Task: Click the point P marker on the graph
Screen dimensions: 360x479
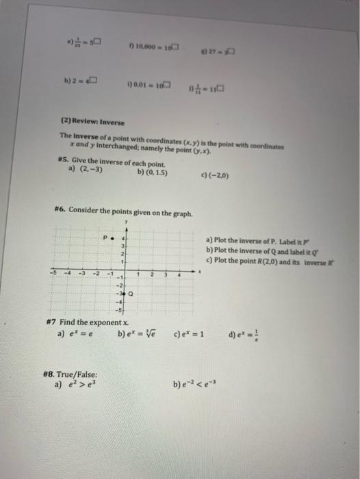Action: (111, 239)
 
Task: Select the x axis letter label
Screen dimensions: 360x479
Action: (199, 271)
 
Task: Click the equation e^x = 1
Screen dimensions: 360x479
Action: (196, 335)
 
